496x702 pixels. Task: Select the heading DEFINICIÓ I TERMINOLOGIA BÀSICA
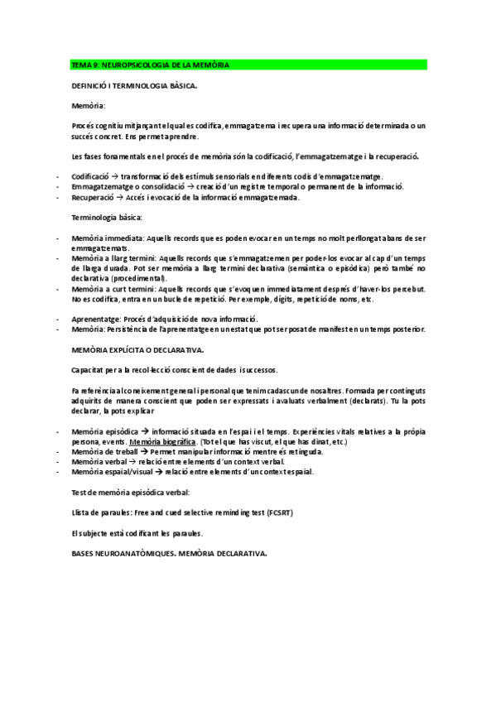pyautogui.click(x=134, y=85)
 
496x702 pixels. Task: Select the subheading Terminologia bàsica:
pyautogui.click(x=108, y=218)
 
